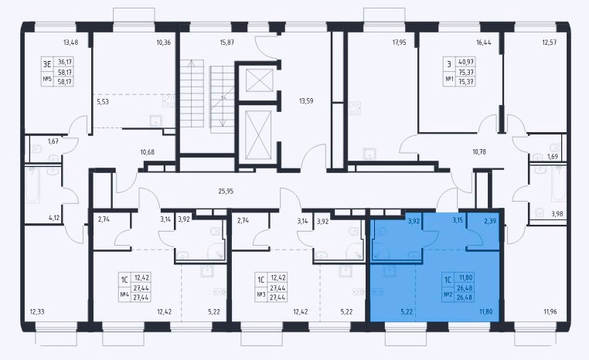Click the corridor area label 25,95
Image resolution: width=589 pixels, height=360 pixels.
[226, 191]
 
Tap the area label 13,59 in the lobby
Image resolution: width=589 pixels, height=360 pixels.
[306, 100]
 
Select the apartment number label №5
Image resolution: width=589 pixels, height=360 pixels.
[47, 79]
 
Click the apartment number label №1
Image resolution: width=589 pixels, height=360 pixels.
[449, 79]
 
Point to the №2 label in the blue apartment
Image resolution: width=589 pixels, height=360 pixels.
[448, 294]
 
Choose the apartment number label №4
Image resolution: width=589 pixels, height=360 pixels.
[124, 294]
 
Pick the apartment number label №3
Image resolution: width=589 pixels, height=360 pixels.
[261, 294]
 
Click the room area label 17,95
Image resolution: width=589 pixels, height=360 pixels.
[400, 42]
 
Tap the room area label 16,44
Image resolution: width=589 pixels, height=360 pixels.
[483, 42]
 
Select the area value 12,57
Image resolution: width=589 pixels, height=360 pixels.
[549, 42]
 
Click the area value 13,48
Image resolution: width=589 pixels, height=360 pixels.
[70, 42]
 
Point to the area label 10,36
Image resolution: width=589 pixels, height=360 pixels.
[163, 42]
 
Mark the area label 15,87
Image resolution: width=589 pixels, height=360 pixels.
[227, 42]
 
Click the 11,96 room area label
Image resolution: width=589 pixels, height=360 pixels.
[551, 311]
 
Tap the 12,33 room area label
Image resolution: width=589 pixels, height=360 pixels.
[37, 311]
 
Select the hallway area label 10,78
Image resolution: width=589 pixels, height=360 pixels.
[480, 151]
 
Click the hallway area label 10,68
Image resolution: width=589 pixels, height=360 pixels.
[147, 152]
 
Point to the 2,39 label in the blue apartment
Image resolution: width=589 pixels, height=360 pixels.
[490, 222]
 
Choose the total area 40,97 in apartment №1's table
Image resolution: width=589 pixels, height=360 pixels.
[466, 62]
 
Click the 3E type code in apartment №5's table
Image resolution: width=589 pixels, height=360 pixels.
[47, 64]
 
